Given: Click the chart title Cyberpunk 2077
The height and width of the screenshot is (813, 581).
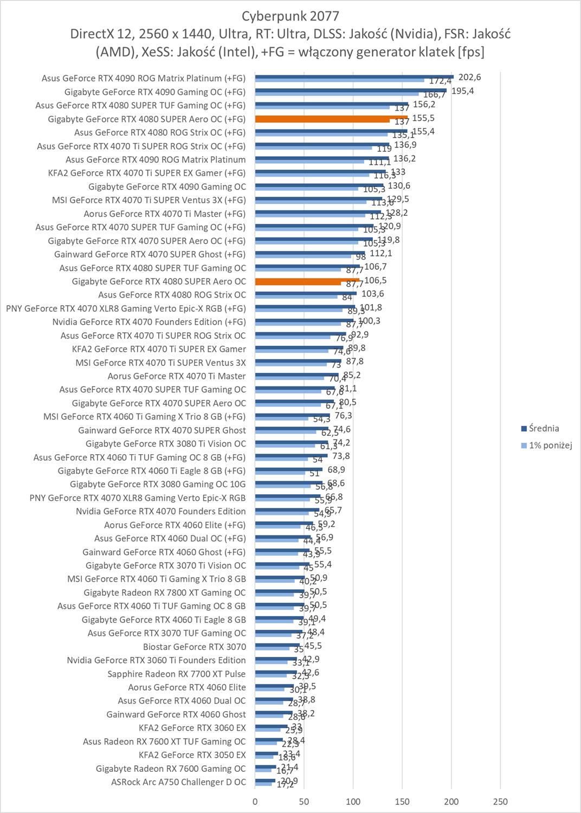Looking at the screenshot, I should [x=290, y=15].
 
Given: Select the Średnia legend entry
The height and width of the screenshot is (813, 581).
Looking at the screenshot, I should [x=544, y=429].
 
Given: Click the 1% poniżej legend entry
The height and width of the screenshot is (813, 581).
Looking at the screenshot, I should [x=550, y=446].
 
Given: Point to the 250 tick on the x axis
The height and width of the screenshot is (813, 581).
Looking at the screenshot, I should [x=500, y=802].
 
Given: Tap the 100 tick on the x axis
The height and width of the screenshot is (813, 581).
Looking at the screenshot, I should [x=353, y=802].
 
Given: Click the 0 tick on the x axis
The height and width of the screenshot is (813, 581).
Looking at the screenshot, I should [x=255, y=802].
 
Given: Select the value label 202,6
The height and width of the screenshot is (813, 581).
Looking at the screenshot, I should [x=469, y=78].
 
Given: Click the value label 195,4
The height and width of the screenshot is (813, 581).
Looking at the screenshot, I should [x=462, y=91].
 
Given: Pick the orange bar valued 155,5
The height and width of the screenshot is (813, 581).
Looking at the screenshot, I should [x=331, y=117].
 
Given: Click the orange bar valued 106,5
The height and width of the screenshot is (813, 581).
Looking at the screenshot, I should [x=307, y=280].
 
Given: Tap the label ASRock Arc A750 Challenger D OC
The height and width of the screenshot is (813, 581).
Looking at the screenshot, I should [x=178, y=782].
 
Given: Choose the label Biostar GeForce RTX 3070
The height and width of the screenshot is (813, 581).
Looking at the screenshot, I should [x=194, y=647].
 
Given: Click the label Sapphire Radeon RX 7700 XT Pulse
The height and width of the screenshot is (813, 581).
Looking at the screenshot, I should [x=176, y=674].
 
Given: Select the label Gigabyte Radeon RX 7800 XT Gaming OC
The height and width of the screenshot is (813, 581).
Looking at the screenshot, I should [x=164, y=592].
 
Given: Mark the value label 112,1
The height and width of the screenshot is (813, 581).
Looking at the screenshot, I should [x=380, y=253].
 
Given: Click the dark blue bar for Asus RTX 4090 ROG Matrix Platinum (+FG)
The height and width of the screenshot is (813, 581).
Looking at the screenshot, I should [x=354, y=76].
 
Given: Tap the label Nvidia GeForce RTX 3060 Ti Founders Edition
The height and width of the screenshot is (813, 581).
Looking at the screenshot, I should [x=156, y=660].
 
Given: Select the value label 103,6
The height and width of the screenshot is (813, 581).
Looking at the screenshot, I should [x=372, y=294].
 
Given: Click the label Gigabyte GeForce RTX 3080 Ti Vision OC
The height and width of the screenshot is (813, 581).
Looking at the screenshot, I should [x=165, y=444].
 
